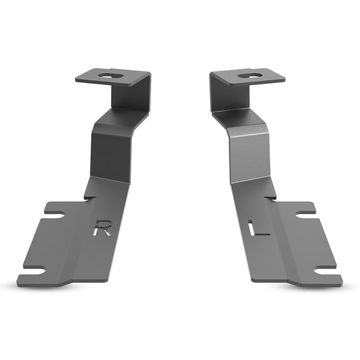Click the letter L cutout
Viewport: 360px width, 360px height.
coord(258,229)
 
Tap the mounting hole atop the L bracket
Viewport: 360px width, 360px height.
coord(251,76)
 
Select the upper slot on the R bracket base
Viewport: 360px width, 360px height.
coord(54,216)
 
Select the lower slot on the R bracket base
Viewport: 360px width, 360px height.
coord(34,272)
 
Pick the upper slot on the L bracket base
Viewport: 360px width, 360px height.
coord(306,214)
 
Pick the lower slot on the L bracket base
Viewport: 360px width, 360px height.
coord(325,271)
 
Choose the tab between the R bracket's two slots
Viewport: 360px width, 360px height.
coord(44,244)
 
